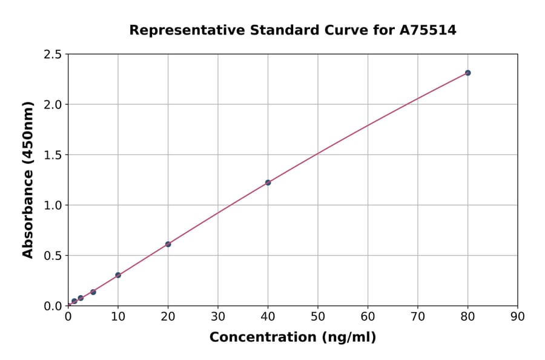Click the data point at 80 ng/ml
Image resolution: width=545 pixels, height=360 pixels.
coord(467,73)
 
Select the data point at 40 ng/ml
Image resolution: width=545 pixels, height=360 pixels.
coord(268,182)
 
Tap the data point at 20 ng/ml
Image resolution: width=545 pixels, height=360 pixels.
coord(168,244)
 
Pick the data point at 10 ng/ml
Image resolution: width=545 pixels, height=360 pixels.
coord(118,275)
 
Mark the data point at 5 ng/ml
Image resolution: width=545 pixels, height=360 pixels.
coord(93,292)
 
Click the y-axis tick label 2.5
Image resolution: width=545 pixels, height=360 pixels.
coord(53,55)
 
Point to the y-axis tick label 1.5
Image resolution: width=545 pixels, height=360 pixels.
coord(53,155)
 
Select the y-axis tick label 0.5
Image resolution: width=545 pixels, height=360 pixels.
coord(53,256)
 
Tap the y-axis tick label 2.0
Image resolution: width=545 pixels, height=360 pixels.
coord(53,105)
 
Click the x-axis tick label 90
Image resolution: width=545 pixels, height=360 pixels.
coord(518,316)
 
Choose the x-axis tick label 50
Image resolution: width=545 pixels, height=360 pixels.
coord(318,316)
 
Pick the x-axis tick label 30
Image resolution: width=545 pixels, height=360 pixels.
coord(218,316)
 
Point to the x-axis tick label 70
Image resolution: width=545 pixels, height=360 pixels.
coord(418,316)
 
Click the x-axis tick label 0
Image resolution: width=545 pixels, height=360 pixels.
coord(68,316)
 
